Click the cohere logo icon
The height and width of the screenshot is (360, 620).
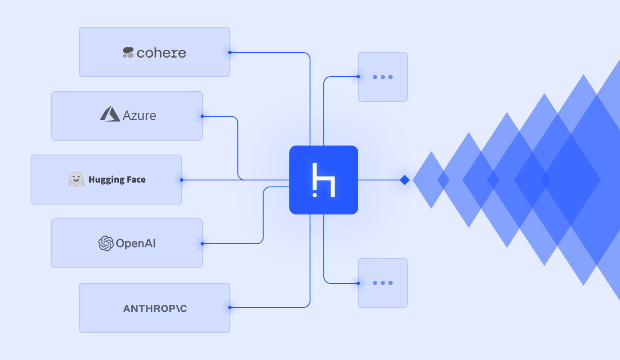coord(128,53)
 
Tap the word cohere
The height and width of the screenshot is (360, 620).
coord(161,53)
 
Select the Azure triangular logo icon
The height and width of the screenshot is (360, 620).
coord(110,114)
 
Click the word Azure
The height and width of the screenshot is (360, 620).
coord(139,115)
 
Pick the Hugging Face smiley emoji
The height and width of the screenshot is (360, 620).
coord(76,180)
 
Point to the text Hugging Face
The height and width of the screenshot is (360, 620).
coord(117,180)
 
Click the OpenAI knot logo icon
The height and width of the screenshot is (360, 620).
coord(105,243)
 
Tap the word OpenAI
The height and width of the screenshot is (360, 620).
coord(136,244)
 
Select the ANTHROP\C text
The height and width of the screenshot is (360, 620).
coord(155,308)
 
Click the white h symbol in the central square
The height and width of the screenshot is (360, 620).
coord(324,180)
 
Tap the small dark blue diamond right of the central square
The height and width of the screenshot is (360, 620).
coord(404,180)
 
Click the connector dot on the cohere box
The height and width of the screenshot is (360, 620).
coord(230,53)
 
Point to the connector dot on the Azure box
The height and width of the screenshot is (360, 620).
coord(202,116)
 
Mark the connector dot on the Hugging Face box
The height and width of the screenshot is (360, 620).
coord(182,180)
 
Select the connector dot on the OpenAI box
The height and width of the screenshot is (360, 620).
coord(202,244)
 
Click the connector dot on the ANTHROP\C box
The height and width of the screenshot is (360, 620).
coord(230,307)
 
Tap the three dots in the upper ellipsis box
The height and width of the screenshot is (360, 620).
coord(382,77)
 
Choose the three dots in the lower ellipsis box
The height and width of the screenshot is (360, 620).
coord(382,283)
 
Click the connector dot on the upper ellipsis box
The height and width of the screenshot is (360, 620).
coord(358,77)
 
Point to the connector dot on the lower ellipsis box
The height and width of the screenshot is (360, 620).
coord(358,283)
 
